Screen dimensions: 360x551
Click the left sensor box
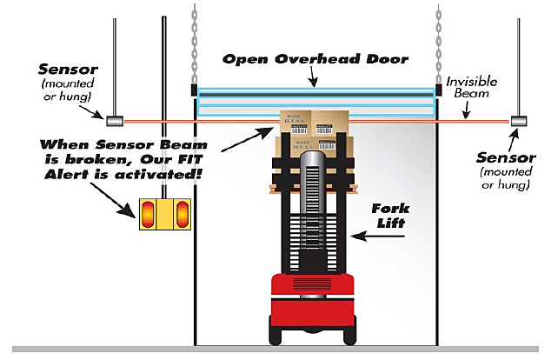click(113, 117)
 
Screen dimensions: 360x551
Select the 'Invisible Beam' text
click(472, 89)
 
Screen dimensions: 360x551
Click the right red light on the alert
click(181, 214)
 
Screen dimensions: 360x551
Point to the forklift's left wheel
click(277, 335)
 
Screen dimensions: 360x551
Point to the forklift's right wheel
click(347, 335)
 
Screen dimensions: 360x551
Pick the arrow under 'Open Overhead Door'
click(314, 77)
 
